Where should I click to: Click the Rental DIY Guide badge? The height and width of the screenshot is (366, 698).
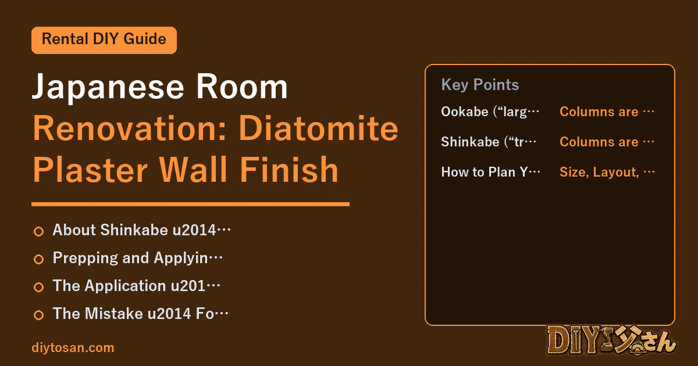click(x=104, y=40)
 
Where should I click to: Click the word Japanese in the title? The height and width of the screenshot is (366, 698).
click(x=108, y=87)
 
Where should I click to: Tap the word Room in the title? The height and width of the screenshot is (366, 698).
click(x=242, y=87)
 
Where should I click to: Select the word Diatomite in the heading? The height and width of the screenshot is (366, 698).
click(x=319, y=128)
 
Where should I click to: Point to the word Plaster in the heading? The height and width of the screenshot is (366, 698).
click(x=90, y=170)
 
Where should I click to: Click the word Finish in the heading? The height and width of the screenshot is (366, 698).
click(x=289, y=170)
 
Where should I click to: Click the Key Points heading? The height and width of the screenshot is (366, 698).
click(x=480, y=85)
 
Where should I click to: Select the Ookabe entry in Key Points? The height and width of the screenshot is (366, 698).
click(x=490, y=112)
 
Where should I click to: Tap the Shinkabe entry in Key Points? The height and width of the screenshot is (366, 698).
click(x=489, y=142)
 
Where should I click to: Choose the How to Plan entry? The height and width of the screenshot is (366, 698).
click(x=491, y=172)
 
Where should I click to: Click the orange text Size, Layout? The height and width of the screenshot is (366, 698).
click(x=607, y=172)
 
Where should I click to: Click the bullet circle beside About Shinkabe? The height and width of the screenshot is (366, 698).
click(x=38, y=231)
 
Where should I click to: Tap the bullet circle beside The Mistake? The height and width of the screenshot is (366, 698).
click(x=38, y=315)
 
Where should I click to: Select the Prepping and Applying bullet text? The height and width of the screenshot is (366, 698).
click(x=138, y=259)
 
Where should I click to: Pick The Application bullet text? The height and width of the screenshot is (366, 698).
click(x=137, y=286)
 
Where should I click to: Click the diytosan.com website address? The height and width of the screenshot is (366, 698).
click(x=73, y=347)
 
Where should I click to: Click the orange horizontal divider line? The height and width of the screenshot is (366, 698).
click(x=190, y=204)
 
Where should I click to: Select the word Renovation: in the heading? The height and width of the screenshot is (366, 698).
click(x=130, y=128)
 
